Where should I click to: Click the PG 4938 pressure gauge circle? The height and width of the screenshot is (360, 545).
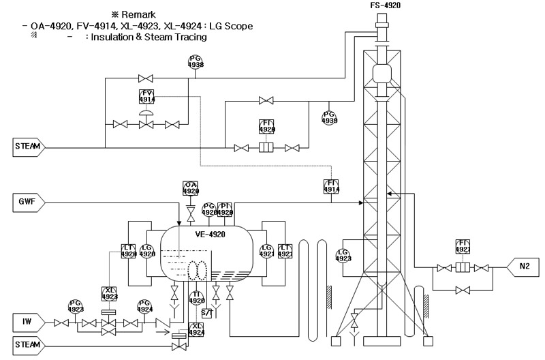point(196,62)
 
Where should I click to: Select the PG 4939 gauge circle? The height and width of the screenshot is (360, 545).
point(330,117)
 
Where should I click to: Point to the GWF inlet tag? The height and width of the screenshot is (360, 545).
point(27,202)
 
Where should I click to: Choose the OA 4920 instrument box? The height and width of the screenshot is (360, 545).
point(191,188)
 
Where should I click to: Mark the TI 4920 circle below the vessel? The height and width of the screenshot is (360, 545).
point(196,297)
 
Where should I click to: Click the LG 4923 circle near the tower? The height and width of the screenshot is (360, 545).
point(343,256)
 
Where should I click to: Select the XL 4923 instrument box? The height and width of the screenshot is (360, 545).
point(109,293)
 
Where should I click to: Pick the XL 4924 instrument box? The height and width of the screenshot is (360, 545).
point(196,329)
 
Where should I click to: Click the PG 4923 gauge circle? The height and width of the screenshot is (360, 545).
point(76,306)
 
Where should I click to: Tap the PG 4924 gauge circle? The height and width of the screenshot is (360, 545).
point(144,306)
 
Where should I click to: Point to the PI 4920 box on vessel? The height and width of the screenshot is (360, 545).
point(226,209)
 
